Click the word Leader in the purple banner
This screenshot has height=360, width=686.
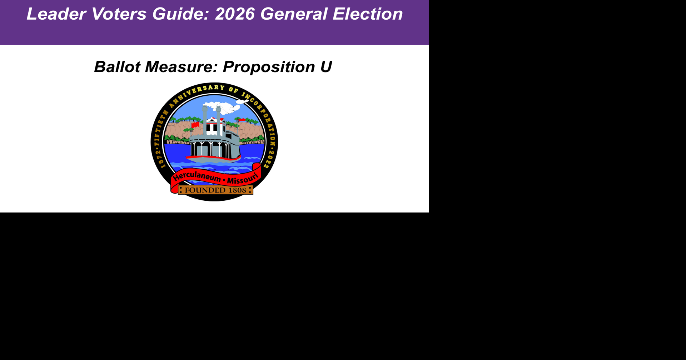click(x=56, y=14)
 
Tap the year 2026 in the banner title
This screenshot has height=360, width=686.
click(x=235, y=14)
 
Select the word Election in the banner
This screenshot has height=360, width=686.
click(x=368, y=14)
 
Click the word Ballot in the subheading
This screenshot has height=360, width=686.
click(x=117, y=67)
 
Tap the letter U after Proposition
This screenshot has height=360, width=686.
click(x=326, y=67)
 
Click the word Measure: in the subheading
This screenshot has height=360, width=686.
click(x=181, y=67)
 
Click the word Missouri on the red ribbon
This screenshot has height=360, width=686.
click(x=243, y=179)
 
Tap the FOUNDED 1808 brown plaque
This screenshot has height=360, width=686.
click(x=215, y=190)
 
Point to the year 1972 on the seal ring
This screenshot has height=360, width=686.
click(x=160, y=160)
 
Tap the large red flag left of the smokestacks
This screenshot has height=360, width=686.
click(x=195, y=125)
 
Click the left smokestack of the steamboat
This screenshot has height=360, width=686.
click(x=205, y=120)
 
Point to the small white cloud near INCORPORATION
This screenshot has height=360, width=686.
click(x=242, y=102)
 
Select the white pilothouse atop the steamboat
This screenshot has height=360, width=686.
click(x=215, y=126)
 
